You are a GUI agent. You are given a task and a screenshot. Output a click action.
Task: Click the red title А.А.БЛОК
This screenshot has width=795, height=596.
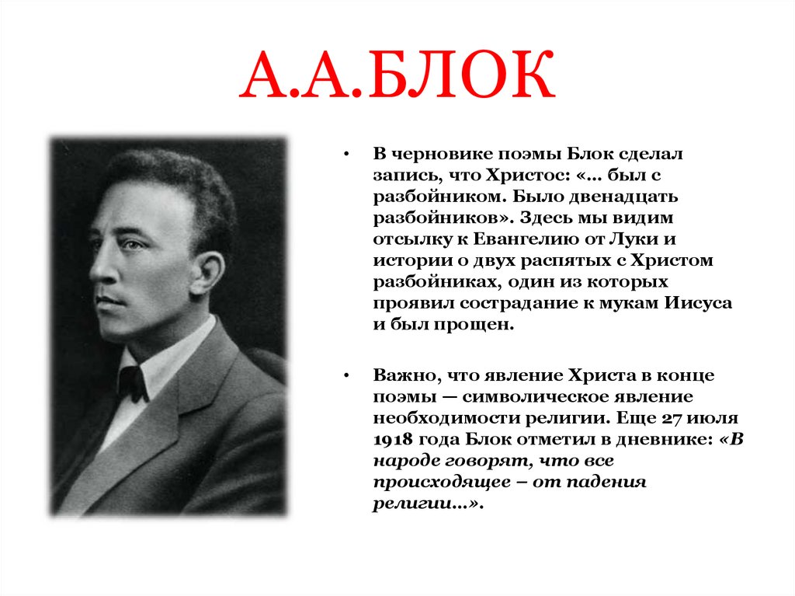(x=397, y=83)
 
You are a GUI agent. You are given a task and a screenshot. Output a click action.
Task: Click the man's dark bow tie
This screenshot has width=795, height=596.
(x=133, y=383)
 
